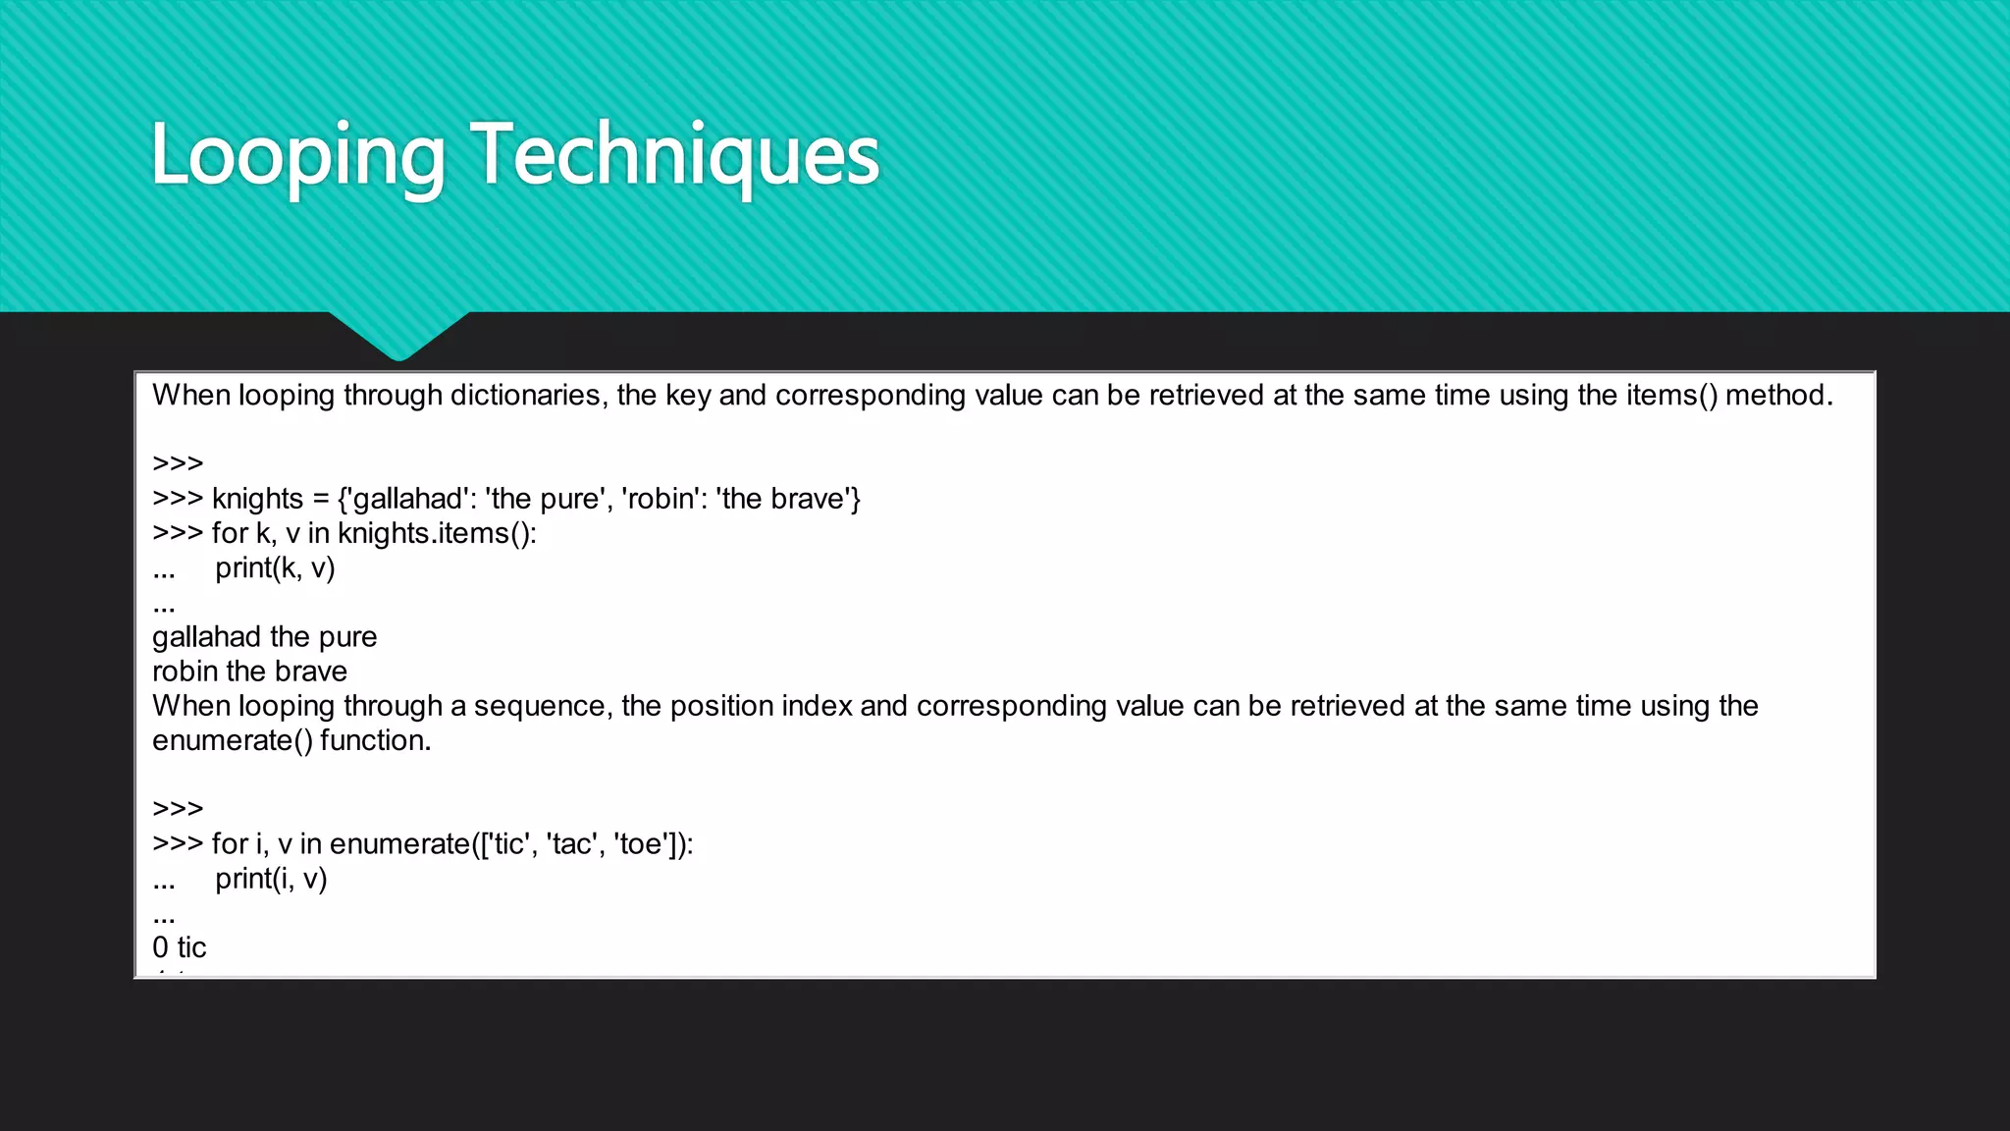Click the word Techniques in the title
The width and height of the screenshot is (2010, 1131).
tap(675, 155)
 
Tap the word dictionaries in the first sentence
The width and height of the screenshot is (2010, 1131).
tap(525, 395)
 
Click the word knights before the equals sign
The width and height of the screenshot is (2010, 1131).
tap(257, 499)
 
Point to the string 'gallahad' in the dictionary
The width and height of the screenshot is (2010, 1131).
tap(406, 499)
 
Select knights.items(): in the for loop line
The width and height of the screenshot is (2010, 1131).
tap(437, 533)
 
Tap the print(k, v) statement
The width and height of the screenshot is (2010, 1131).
tap(275, 567)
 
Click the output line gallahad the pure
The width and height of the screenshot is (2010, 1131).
tap(264, 636)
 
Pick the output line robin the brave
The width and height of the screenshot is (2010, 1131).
tap(249, 672)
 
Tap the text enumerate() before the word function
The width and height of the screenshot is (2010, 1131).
tap(232, 740)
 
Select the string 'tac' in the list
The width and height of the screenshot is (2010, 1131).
tap(572, 843)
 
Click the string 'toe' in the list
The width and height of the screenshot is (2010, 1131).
tap(642, 843)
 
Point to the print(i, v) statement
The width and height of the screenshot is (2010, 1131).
tap(271, 878)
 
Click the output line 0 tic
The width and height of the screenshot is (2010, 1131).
tap(180, 947)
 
